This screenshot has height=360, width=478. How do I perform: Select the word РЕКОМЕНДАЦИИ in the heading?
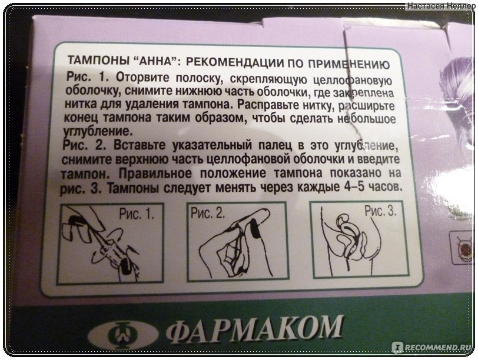(234, 62)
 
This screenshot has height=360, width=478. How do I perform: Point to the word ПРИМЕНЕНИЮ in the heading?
(348, 64)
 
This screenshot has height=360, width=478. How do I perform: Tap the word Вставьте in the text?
(140, 145)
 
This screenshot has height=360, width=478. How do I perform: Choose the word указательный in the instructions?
(212, 146)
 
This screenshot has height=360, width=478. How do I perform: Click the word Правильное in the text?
(155, 174)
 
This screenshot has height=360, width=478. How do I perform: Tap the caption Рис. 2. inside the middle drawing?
(208, 213)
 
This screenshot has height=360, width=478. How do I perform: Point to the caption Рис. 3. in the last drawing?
(380, 211)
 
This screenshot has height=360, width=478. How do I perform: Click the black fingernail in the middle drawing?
(254, 228)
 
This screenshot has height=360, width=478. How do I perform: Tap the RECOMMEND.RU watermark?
(433, 347)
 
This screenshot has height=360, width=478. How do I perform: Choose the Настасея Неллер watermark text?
(441, 5)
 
